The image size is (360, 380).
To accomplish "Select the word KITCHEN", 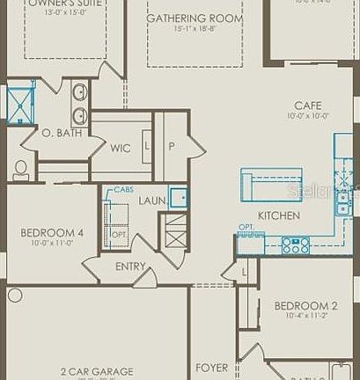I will [279, 216].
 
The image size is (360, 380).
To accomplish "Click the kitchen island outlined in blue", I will [271, 184].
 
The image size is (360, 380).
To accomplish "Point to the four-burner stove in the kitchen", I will [296, 245].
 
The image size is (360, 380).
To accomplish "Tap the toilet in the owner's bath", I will [20, 170].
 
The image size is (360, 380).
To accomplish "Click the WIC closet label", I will [121, 149].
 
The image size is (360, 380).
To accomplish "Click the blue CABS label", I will [123, 190].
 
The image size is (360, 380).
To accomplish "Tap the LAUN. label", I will [152, 201].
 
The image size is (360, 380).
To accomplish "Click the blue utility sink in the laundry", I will [179, 197].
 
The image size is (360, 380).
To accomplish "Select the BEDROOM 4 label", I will [52, 233].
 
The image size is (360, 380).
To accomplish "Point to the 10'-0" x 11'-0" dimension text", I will [51, 243].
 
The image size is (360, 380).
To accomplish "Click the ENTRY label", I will [130, 267].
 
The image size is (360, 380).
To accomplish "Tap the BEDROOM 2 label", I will [305, 306].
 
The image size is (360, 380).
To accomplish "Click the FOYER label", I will [212, 368].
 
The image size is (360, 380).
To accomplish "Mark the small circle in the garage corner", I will [14, 296].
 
